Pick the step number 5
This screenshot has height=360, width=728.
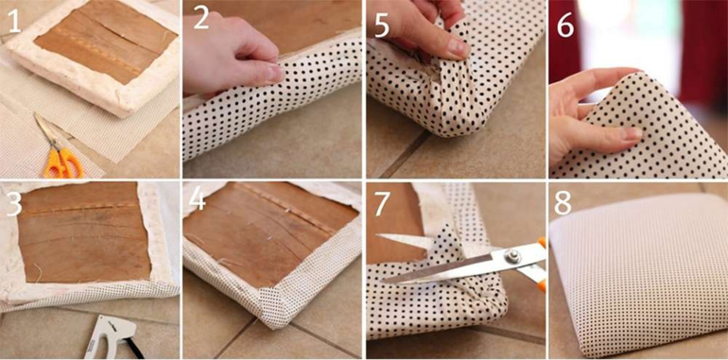pyautogui.click(x=382, y=26)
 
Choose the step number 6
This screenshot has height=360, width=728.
pyautogui.click(x=565, y=26)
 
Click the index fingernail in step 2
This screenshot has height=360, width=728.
pyautogui.click(x=275, y=74)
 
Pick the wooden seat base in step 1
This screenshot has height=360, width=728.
pyautogui.click(x=106, y=41)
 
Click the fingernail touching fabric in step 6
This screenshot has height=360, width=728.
pyautogui.click(x=630, y=133)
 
